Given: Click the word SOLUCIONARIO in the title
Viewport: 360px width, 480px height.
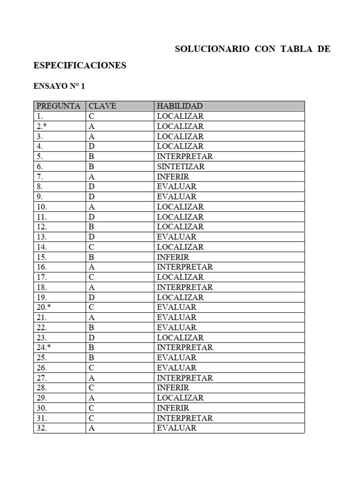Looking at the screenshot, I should (212, 49).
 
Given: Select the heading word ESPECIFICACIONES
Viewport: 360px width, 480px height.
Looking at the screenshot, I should (80, 66).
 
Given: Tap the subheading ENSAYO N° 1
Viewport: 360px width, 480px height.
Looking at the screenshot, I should (59, 87).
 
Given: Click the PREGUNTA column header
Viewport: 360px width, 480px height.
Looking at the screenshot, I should (59, 106).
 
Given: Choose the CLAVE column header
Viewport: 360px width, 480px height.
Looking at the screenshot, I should (102, 106).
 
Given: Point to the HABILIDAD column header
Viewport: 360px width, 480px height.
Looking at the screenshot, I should (180, 106).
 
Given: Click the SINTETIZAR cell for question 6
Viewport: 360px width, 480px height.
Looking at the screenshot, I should (181, 166).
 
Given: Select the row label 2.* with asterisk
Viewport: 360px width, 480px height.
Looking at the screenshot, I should (41, 127).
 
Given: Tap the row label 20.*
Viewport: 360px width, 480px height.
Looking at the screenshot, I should (44, 307).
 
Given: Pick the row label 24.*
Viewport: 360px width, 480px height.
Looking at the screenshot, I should (44, 348).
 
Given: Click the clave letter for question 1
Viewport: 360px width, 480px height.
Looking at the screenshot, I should (91, 116).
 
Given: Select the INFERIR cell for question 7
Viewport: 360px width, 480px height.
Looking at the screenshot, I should (173, 177).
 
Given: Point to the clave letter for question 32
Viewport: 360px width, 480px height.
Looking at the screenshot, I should (92, 428).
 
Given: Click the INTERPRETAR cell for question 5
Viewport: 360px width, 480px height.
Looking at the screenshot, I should (185, 157).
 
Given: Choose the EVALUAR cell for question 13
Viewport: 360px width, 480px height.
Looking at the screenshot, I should (177, 237).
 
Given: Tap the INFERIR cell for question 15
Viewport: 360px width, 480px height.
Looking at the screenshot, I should (173, 257).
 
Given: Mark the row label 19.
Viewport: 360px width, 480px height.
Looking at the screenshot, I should (42, 298).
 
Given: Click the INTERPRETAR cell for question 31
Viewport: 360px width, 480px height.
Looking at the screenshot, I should (185, 418).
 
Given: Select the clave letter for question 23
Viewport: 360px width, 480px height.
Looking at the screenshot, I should (92, 338).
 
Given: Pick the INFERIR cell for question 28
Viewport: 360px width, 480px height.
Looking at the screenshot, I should (173, 388).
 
